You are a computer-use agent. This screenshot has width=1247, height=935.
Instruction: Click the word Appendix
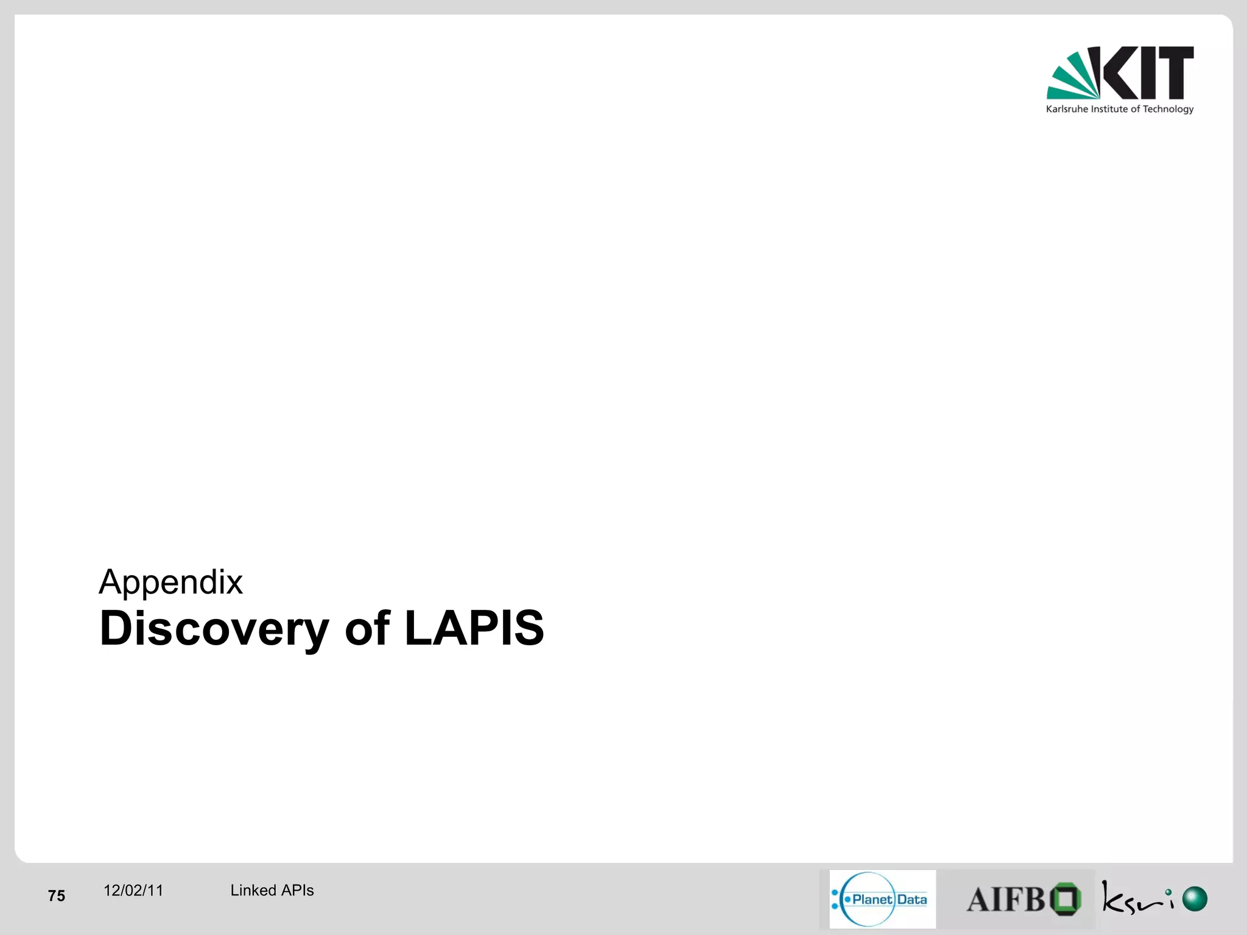click(x=170, y=583)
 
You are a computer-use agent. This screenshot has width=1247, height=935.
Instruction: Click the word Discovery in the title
click(x=214, y=629)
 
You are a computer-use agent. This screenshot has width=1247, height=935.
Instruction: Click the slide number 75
click(x=57, y=895)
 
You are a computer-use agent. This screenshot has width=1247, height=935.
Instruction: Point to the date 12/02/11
click(x=133, y=891)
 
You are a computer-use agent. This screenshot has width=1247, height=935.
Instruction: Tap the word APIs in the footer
click(x=297, y=891)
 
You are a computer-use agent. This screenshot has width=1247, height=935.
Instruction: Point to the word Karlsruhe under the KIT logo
click(x=1067, y=110)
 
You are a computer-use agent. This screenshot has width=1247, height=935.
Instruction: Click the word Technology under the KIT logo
click(x=1168, y=110)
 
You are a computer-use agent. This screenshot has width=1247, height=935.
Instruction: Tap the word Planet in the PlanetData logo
click(x=872, y=899)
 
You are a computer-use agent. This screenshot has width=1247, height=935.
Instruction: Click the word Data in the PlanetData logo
click(x=912, y=899)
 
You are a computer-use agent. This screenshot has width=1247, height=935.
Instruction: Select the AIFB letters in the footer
click(x=1006, y=900)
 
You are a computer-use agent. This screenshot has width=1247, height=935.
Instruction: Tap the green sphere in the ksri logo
click(x=1195, y=899)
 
